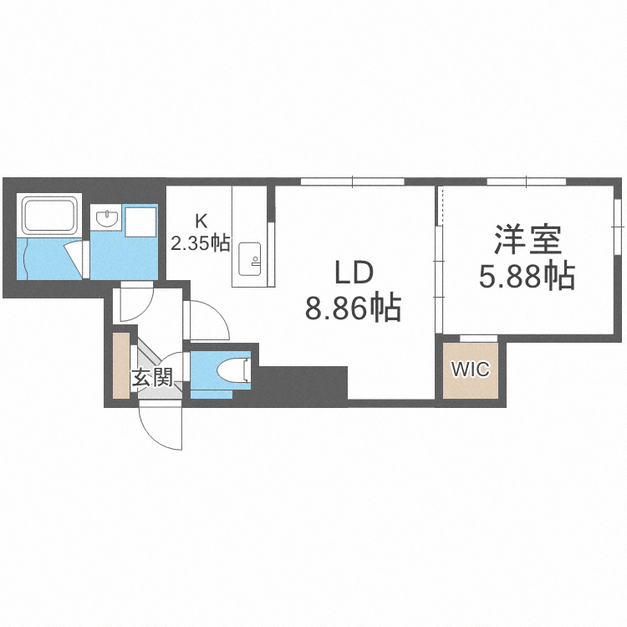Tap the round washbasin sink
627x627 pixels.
[107, 218]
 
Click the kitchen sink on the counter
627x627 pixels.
[250, 257]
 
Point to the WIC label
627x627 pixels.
[470, 370]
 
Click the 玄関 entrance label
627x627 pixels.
[151, 378]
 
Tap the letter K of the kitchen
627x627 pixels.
[201, 222]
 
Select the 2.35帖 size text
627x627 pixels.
[201, 243]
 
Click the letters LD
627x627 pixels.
[352, 273]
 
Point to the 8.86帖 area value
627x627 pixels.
[352, 309]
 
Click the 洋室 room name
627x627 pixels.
[527, 240]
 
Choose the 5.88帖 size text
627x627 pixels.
[527, 274]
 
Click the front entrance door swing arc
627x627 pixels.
[160, 426]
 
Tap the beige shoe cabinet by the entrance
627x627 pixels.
[122, 365]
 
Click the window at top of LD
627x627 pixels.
[353, 181]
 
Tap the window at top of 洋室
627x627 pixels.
[527, 181]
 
